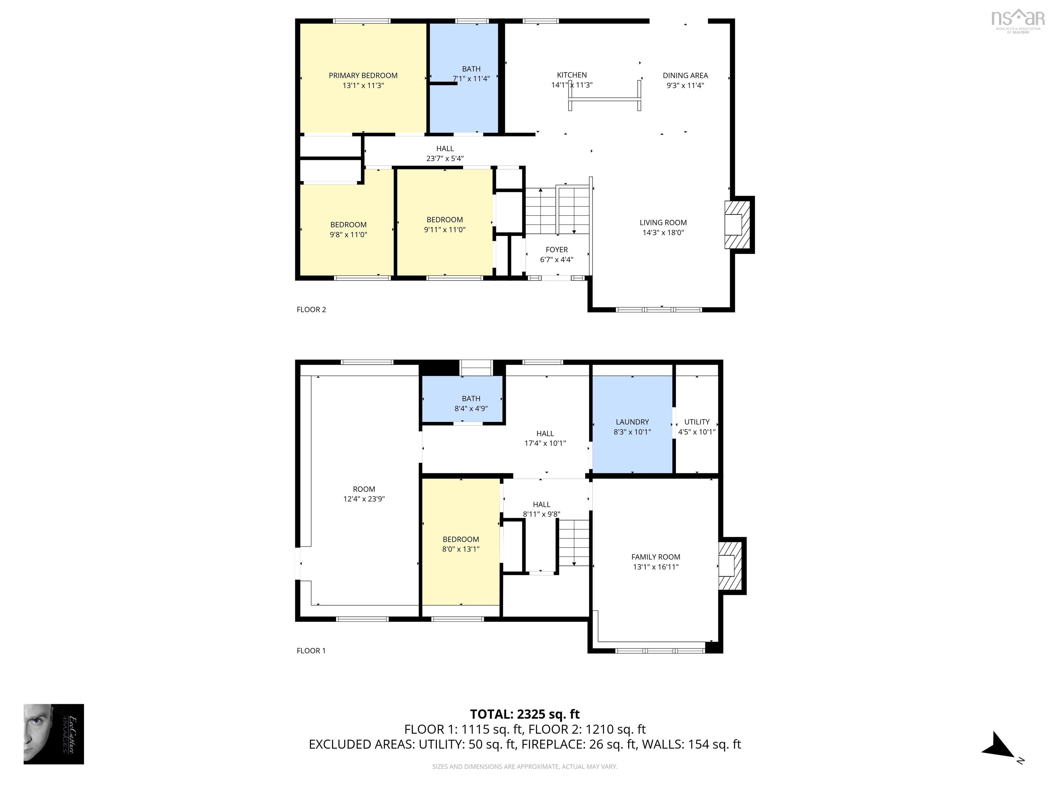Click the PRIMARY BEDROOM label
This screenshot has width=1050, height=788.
tap(363, 76)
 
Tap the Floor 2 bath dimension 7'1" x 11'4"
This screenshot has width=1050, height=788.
tap(471, 79)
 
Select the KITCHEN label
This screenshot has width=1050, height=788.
tap(571, 75)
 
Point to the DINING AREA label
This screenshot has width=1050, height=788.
tap(685, 76)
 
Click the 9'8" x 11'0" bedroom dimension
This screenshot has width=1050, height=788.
tap(348, 235)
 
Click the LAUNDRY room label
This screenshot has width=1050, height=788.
tap(632, 422)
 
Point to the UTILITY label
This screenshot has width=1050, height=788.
tap(696, 422)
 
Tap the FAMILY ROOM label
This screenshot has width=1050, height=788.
tap(656, 557)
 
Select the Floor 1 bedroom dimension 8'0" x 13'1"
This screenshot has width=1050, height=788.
tap(460, 549)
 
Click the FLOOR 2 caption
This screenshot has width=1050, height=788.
tap(311, 310)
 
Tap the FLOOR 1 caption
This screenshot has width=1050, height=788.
tap(311, 651)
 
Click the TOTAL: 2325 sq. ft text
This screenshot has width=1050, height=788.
tap(525, 714)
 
